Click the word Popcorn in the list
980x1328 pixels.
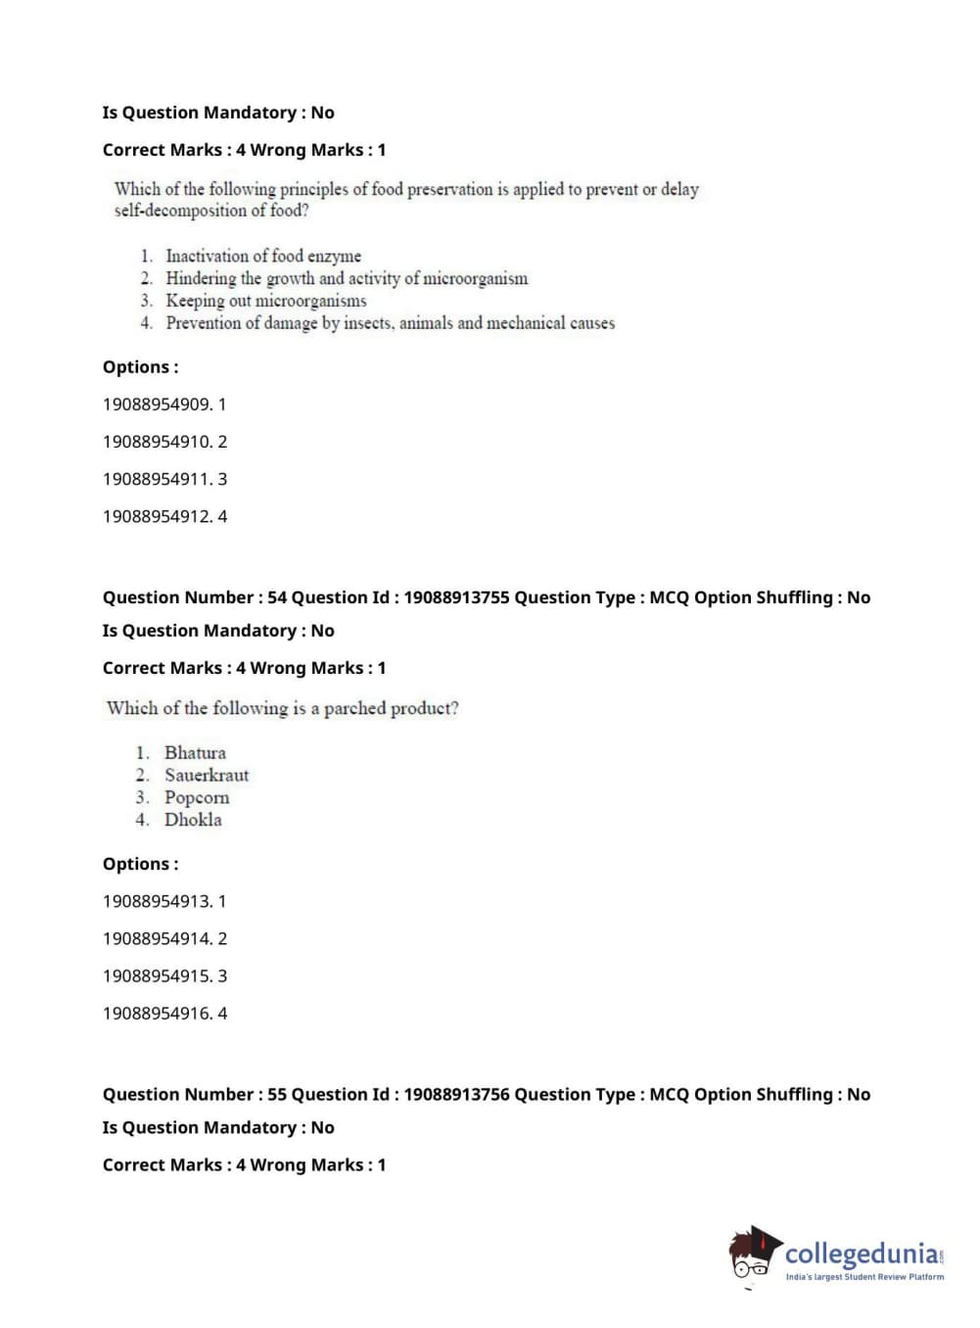pyautogui.click(x=197, y=797)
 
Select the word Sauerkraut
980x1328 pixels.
pyautogui.click(x=207, y=775)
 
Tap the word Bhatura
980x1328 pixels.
pyautogui.click(x=195, y=752)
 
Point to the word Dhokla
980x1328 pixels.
pyautogui.click(x=193, y=820)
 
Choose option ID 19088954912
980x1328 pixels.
pyautogui.click(x=157, y=516)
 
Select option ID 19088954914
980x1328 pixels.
pyautogui.click(x=157, y=938)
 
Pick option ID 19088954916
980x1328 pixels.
pyautogui.click(x=157, y=1013)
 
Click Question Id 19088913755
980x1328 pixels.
pyautogui.click(x=456, y=597)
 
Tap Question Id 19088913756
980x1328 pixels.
pyautogui.click(x=456, y=1094)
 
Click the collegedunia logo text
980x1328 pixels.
pyautogui.click(x=862, y=1253)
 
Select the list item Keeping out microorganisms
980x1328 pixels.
pyautogui.click(x=266, y=301)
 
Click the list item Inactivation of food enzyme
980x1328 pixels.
pyautogui.click(x=263, y=256)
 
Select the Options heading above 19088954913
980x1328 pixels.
pyautogui.click(x=140, y=864)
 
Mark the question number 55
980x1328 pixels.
pyautogui.click(x=277, y=1094)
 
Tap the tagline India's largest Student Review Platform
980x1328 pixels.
pyautogui.click(x=864, y=1276)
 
